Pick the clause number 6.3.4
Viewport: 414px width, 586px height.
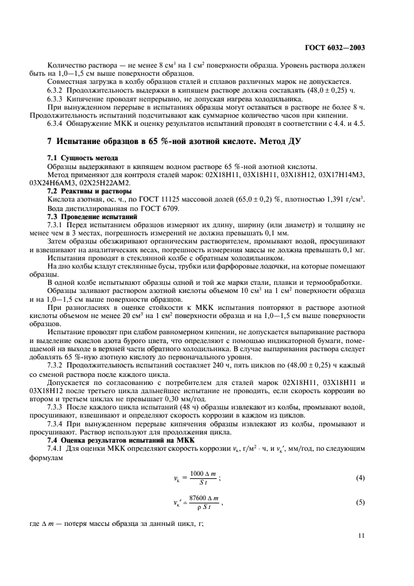click(x=58, y=123)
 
